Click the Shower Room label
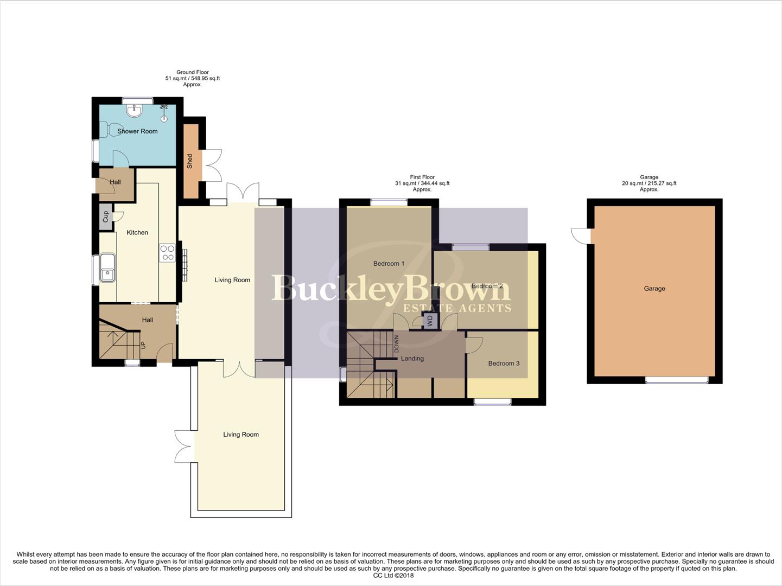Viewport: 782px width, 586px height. pos(137,131)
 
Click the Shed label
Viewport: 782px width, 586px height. pos(190,161)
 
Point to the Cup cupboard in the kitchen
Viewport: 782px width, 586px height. pos(105,217)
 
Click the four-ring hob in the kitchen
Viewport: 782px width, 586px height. pos(167,253)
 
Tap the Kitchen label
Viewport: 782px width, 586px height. pos(137,233)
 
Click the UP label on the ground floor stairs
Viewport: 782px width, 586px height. pos(143,345)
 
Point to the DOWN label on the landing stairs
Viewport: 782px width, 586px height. pos(396,343)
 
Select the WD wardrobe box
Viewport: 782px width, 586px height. pos(430,321)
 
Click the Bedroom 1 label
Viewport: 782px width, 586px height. pos(389,264)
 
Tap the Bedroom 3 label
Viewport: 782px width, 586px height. pos(504,364)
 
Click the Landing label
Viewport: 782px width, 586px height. pos(412,359)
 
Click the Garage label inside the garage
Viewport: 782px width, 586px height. pos(654,289)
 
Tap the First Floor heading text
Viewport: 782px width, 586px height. pos(422,177)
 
